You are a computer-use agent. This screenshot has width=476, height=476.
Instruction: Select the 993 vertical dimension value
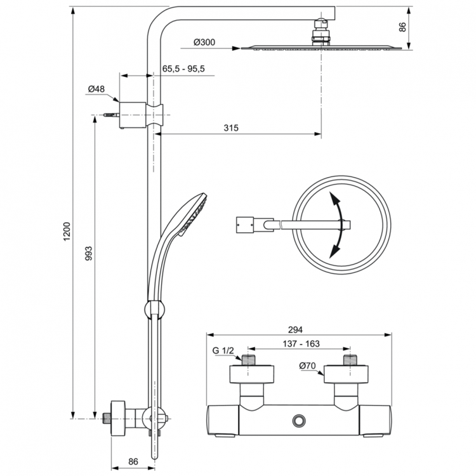tap(89, 254)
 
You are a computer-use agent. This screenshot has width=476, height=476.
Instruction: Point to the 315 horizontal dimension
tap(230, 128)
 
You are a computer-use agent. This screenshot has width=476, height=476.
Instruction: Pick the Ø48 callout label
tap(96, 89)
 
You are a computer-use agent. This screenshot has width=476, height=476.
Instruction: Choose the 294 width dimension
tap(296, 329)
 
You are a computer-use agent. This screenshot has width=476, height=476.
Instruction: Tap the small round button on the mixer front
tap(298, 420)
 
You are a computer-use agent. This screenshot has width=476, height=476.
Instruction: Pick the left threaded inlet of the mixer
tap(249, 361)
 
